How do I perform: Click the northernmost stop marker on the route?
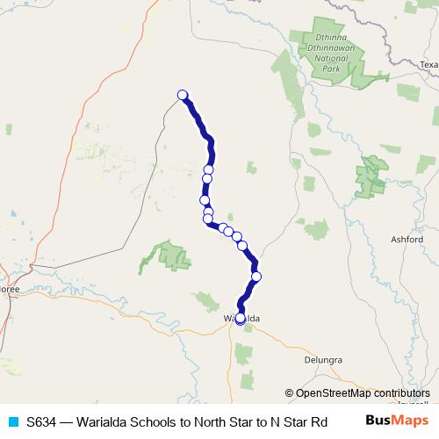[x=183, y=95]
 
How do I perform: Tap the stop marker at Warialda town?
[x=241, y=319]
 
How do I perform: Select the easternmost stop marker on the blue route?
[x=256, y=277]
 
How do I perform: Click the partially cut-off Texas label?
[x=428, y=65]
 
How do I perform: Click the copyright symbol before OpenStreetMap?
[x=290, y=393]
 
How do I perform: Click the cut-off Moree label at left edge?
[x=9, y=288]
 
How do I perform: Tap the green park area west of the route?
[x=172, y=255]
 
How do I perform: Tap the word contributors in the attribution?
[x=395, y=393]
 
